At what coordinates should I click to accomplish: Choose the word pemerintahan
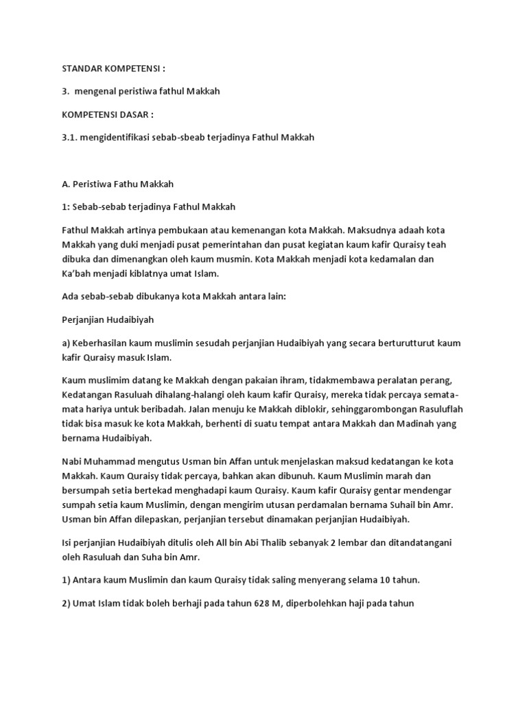point(223,245)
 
